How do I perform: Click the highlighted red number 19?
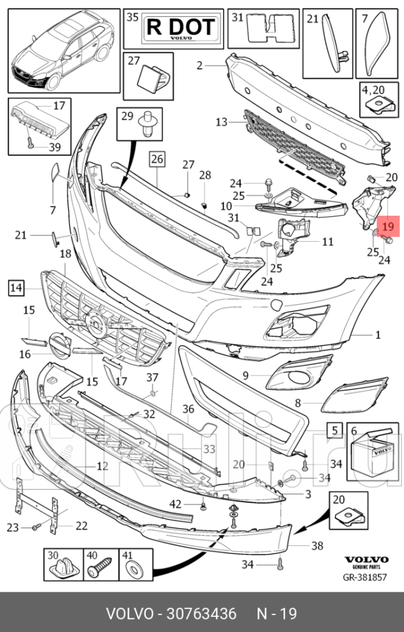388,227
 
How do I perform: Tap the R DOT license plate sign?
180,27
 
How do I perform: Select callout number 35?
132,18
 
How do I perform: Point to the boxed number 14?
16,286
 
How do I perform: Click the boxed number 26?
157,158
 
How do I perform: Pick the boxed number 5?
334,429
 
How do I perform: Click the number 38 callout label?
317,546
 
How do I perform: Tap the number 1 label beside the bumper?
377,335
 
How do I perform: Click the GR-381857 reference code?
366,577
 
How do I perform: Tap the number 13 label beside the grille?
222,122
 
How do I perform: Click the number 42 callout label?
175,504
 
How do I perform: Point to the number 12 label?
102,466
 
